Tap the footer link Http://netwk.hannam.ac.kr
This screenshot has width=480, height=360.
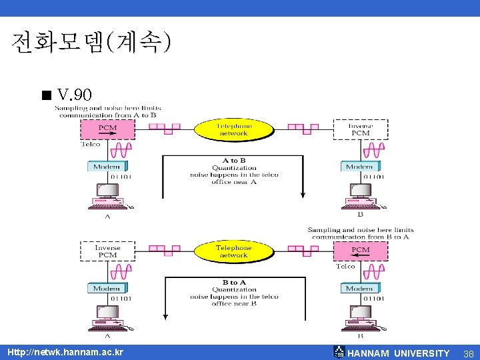65,352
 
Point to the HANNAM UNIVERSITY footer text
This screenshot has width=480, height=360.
399,353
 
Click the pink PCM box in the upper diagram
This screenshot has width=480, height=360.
107,129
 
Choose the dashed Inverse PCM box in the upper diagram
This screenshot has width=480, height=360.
360,129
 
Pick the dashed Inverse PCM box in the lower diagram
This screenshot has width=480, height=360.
107,251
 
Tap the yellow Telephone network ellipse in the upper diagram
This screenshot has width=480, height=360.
233,129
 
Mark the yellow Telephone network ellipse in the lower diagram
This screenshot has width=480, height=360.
233,251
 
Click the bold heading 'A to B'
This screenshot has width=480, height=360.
233,161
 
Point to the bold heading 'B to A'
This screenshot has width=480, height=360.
233,283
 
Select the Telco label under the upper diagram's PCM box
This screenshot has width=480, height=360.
91,145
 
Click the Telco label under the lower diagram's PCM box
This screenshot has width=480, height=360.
345,267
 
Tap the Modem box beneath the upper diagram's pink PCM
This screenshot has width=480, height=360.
107,167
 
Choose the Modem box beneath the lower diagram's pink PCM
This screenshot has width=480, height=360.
360,289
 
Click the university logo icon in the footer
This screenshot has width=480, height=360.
339,352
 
